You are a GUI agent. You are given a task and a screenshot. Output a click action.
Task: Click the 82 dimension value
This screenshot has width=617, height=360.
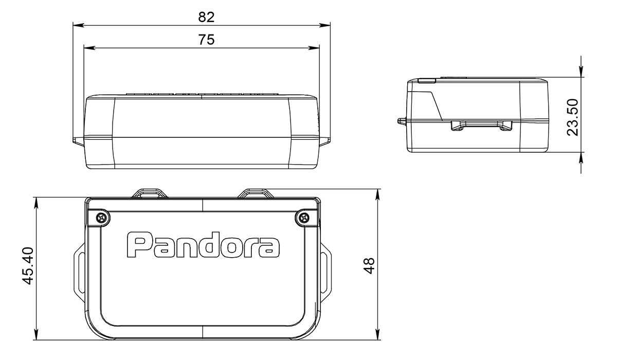206,16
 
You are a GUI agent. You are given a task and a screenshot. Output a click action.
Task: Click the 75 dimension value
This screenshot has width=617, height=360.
206,40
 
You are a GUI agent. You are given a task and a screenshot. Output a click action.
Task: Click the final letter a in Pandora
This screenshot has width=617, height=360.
269,247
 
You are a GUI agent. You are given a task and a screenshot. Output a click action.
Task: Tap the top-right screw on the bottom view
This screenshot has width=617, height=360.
304,218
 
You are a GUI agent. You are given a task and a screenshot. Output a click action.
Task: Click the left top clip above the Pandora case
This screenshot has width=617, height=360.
149,193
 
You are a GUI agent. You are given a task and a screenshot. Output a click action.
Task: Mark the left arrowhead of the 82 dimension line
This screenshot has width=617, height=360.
77,24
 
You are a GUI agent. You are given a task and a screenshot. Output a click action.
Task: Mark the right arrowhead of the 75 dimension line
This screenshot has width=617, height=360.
315,48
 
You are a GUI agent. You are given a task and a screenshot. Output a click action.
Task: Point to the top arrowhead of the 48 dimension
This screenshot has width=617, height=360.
378,192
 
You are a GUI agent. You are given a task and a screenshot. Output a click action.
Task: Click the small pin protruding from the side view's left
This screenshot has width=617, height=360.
401,122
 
